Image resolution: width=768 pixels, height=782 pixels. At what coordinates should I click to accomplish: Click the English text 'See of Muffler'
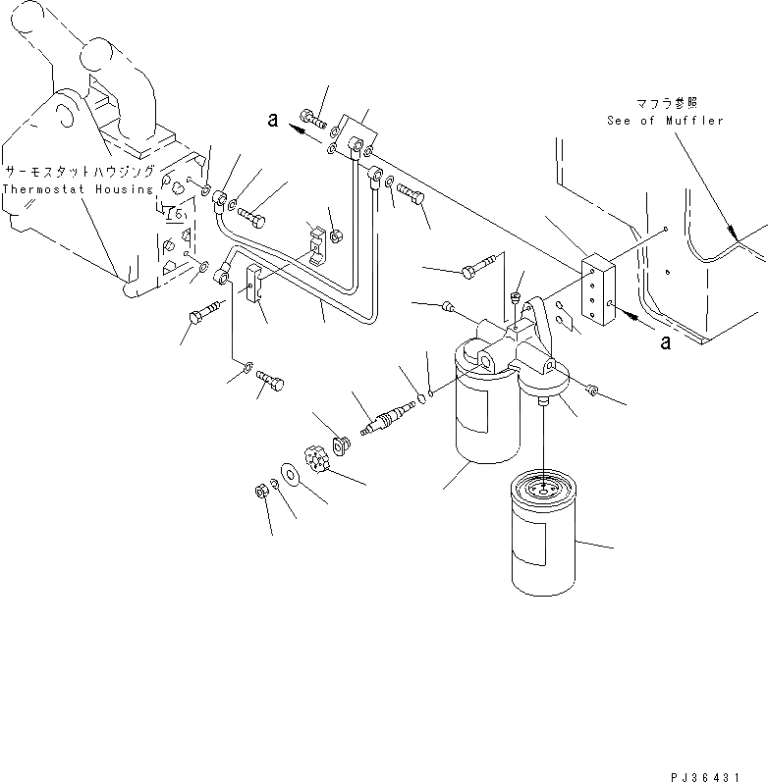click(664, 121)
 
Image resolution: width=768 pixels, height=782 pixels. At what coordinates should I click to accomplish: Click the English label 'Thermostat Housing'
click(78, 188)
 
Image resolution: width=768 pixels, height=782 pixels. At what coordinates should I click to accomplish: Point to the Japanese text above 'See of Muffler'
click(664, 102)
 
